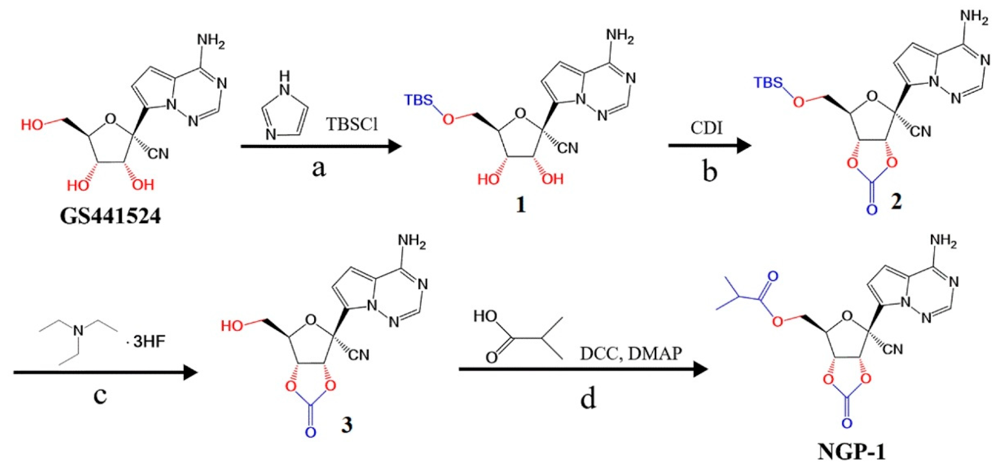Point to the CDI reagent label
pyautogui.click(x=707, y=127)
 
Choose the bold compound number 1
pyautogui.click(x=521, y=204)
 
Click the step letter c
pyautogui.click(x=100, y=396)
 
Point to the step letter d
pyautogui.click(x=588, y=399)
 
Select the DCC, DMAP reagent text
pyautogui.click(x=631, y=353)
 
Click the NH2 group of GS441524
pyautogui.click(x=211, y=41)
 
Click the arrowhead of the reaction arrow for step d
pyautogui.click(x=700, y=369)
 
